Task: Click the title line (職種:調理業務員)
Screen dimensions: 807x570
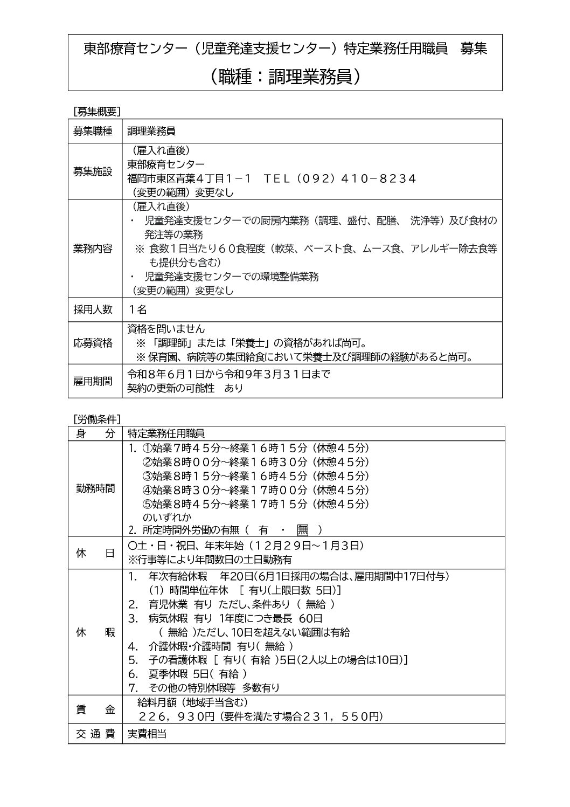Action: (x=285, y=77)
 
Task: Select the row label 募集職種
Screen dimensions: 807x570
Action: (x=93, y=131)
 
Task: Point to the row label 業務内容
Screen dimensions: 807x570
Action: (x=93, y=249)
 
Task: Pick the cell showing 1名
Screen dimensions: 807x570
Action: (x=137, y=309)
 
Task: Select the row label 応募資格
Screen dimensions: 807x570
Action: (x=93, y=343)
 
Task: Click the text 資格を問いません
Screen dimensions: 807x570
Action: (x=166, y=329)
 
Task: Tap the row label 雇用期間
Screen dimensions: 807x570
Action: (x=93, y=381)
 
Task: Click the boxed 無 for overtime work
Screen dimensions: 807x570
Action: (x=302, y=530)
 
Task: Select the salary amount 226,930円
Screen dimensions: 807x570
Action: (x=177, y=716)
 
